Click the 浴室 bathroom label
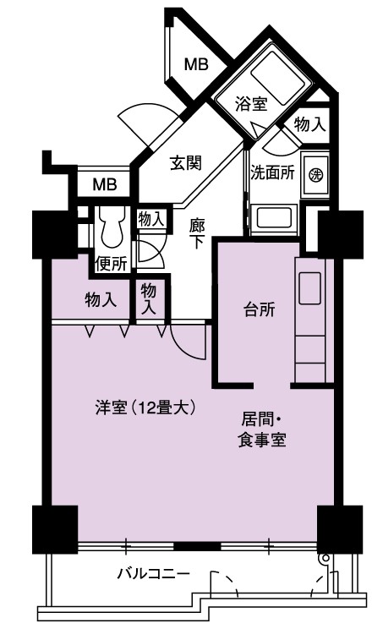[x=251, y=105]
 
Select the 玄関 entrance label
[x=186, y=163]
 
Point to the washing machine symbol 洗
[x=316, y=174]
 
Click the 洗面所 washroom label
[x=273, y=172]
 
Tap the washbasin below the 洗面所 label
[x=274, y=218]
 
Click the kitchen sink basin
[x=309, y=287]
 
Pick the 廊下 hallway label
[x=197, y=234]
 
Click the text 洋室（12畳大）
[x=145, y=408]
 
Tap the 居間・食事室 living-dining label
[x=262, y=430]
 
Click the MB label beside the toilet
[x=105, y=184]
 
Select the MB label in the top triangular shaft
[x=196, y=64]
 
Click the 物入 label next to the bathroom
[x=309, y=125]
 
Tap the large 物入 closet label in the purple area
[x=101, y=299]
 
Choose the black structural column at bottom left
[x=55, y=529]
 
